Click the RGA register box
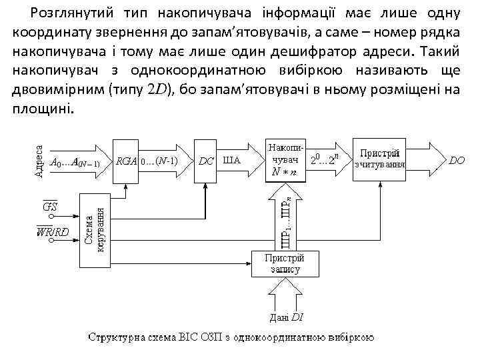pos(126,161)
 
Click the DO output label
pos(457,161)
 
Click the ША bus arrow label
pos(231,161)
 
